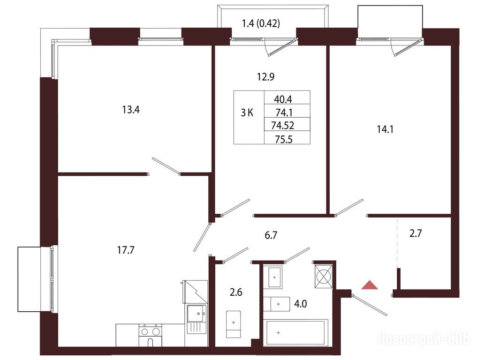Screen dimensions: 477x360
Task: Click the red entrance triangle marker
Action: [x=370, y=285]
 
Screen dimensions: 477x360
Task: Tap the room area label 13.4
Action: [x=131, y=110]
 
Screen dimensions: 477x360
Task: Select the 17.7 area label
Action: [x=126, y=250]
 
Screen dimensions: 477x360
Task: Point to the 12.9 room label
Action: [x=265, y=76]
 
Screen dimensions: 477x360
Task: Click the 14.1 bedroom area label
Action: [x=385, y=129]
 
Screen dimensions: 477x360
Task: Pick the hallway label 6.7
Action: [x=271, y=235]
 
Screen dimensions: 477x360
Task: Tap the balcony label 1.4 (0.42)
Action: [x=261, y=23]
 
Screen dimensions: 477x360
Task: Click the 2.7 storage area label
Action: [x=416, y=233]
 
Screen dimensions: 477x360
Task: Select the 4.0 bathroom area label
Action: [x=300, y=304]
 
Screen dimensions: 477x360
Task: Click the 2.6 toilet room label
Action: [x=236, y=292]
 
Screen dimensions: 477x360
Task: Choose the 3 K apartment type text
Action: [x=247, y=113]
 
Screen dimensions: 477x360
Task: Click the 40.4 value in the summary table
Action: [x=283, y=99]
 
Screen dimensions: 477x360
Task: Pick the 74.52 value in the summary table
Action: [x=283, y=125]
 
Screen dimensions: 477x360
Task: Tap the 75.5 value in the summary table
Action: [x=283, y=139]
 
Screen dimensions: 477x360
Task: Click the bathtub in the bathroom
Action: [x=295, y=333]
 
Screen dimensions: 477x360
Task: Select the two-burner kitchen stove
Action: [x=150, y=335]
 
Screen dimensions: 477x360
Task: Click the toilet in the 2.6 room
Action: [x=233, y=324]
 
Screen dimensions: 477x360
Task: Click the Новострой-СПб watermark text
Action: [x=424, y=339]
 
